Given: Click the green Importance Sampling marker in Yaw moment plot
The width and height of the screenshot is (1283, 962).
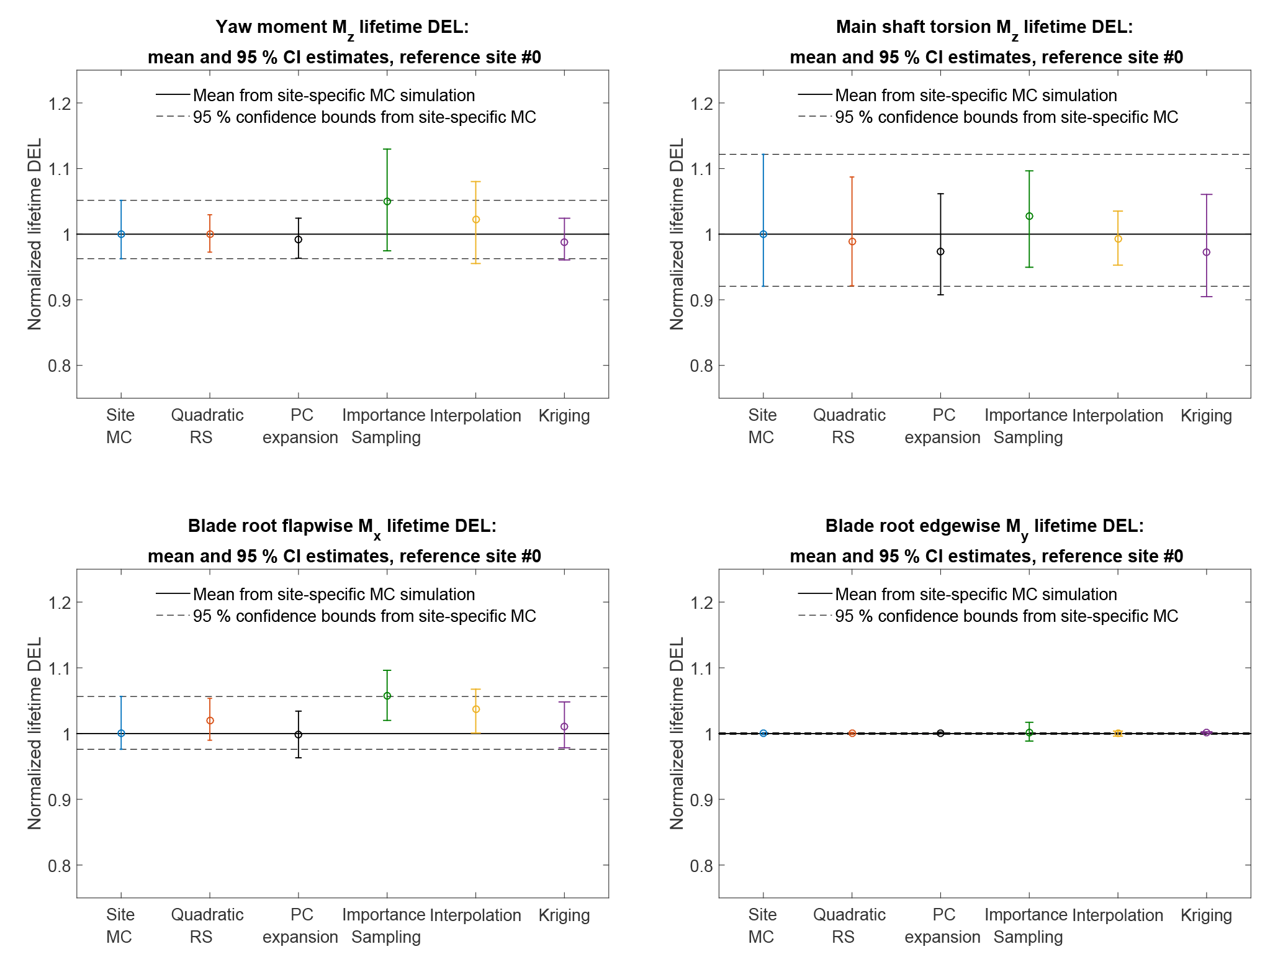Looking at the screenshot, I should point(387,201).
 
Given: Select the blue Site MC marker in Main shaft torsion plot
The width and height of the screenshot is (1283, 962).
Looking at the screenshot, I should point(763,234).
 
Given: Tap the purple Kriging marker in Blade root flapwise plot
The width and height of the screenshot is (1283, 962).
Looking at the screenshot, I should point(564,727).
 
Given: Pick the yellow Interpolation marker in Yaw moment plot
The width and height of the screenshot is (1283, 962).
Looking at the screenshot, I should point(476,219).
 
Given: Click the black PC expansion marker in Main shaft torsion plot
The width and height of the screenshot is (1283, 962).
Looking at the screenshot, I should point(940,251).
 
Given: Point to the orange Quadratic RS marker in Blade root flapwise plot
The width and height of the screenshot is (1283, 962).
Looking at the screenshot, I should point(210,721).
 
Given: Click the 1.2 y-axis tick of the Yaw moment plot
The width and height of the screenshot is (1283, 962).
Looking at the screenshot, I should point(59,103).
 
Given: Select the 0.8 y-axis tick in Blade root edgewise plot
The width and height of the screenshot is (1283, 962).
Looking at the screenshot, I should point(701,865).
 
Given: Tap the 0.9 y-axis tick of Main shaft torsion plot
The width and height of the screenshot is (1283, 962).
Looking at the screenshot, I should point(701,300).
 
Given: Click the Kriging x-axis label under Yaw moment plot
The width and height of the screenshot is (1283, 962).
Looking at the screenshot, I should point(564,416).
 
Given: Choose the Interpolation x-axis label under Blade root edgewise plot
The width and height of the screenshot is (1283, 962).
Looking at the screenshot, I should point(1117,915).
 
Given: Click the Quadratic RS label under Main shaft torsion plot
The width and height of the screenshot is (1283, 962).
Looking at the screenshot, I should point(849,426).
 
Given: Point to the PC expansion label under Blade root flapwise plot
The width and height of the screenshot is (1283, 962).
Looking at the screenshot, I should point(300,925).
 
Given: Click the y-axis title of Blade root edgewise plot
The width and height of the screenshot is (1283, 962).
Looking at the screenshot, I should point(677,733).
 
